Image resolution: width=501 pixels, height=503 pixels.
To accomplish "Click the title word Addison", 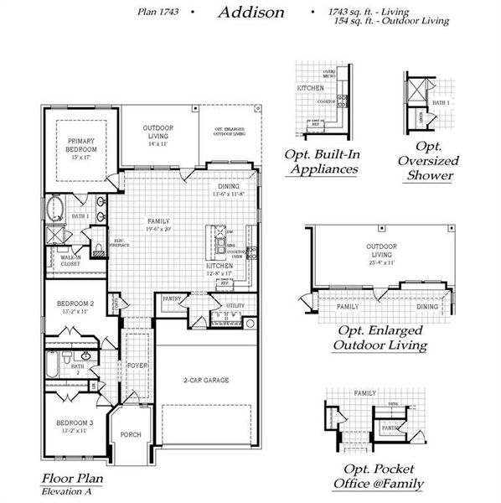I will coord(250,13).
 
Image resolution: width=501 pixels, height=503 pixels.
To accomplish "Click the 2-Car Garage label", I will coord(206,380).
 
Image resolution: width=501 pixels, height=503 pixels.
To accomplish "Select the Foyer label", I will coord(137,366).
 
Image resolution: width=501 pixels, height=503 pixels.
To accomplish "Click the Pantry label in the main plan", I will coord(173,298).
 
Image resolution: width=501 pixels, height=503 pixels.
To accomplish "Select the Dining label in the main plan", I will coord(229,186).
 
